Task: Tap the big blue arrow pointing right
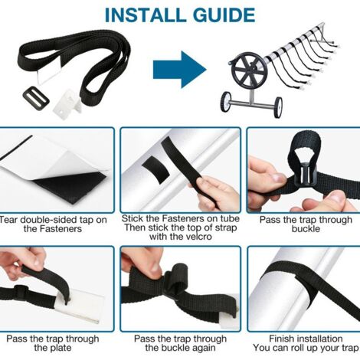[178, 70]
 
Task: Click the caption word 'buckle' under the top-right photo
[301, 227]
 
